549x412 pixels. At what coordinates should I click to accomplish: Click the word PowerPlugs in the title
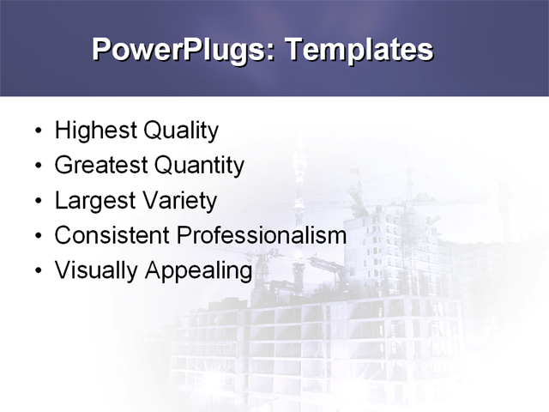[x=180, y=50]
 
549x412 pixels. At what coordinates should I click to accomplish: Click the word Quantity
[x=199, y=165]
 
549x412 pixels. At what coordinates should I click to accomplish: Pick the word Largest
[x=95, y=201]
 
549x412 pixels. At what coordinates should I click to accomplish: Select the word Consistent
[x=112, y=235]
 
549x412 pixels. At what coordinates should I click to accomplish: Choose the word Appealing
[x=198, y=270]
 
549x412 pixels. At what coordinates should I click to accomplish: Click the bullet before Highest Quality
[x=37, y=132]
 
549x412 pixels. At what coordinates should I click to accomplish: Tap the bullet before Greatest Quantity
[x=37, y=167]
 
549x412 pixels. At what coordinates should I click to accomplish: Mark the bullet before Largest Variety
[x=37, y=202]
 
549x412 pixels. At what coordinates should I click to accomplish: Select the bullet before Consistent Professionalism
[x=37, y=236]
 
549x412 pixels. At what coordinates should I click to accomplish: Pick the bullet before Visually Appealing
[x=37, y=271]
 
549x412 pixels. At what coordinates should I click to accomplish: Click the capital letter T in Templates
[x=293, y=49]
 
